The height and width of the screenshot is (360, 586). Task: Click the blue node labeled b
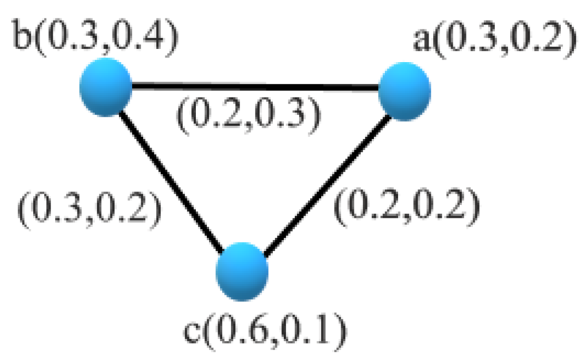click(x=105, y=87)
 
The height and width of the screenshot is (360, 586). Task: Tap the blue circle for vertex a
click(x=404, y=91)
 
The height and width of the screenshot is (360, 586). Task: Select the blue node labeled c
click(x=242, y=272)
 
